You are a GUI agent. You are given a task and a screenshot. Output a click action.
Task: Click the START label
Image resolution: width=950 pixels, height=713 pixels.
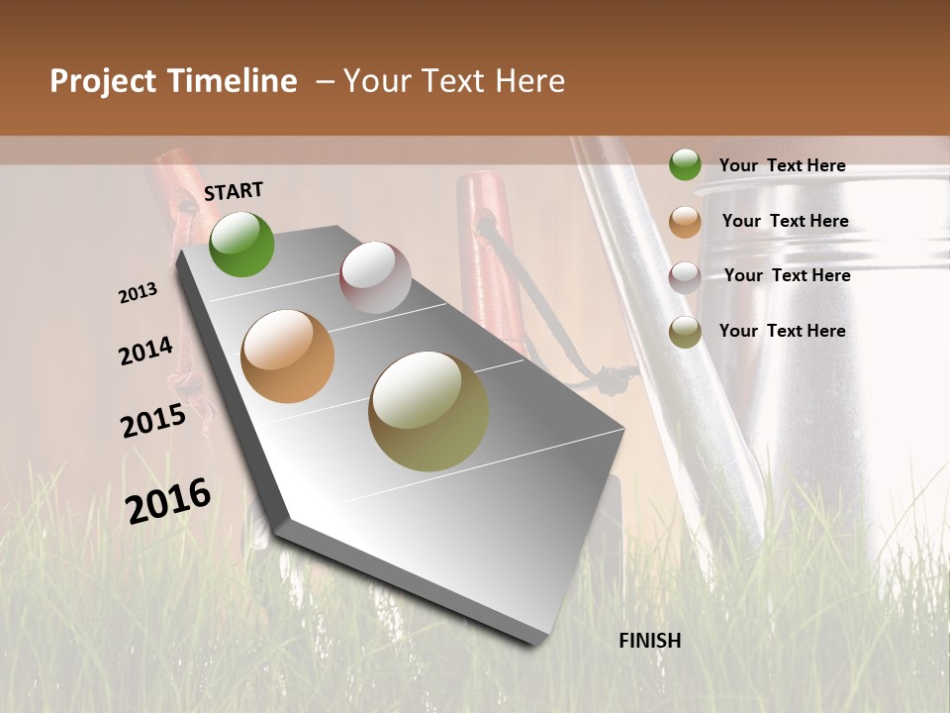tap(234, 191)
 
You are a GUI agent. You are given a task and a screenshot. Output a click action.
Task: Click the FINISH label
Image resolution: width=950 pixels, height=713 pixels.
tap(649, 641)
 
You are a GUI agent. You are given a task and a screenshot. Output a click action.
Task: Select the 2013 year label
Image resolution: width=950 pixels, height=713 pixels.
tap(138, 293)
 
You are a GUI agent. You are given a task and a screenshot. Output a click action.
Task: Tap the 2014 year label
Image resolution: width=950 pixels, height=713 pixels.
tap(145, 352)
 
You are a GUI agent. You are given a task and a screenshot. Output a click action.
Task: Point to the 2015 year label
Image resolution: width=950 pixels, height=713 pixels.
tap(153, 421)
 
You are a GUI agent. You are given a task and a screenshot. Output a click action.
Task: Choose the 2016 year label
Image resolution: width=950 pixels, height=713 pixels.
tap(168, 500)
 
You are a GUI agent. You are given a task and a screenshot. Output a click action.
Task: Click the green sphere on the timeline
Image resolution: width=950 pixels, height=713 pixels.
tap(241, 244)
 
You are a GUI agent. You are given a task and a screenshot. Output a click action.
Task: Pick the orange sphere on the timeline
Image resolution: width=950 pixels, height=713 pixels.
tap(287, 356)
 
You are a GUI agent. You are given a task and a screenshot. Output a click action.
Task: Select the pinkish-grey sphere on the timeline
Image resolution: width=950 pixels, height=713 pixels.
tap(375, 277)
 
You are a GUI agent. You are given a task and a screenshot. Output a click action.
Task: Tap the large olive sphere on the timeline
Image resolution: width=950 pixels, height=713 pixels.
tap(428, 411)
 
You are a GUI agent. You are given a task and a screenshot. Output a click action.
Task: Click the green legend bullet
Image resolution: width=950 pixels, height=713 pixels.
tap(685, 164)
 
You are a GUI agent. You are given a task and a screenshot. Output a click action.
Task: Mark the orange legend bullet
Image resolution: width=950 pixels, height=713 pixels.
tap(685, 222)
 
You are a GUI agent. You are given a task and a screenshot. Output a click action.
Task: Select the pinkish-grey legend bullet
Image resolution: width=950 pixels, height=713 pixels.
tap(685, 276)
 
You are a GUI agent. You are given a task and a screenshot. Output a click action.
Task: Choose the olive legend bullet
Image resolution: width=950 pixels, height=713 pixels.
tap(685, 332)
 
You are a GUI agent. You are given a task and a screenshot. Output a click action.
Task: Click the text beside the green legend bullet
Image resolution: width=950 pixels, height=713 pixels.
tap(782, 166)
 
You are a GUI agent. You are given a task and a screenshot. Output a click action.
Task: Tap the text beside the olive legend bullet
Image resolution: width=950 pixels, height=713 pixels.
tap(782, 331)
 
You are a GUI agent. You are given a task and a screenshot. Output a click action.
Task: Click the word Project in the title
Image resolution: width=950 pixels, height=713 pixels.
tap(102, 81)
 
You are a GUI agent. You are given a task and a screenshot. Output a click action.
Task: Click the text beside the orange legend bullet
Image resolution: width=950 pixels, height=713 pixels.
tap(785, 221)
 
